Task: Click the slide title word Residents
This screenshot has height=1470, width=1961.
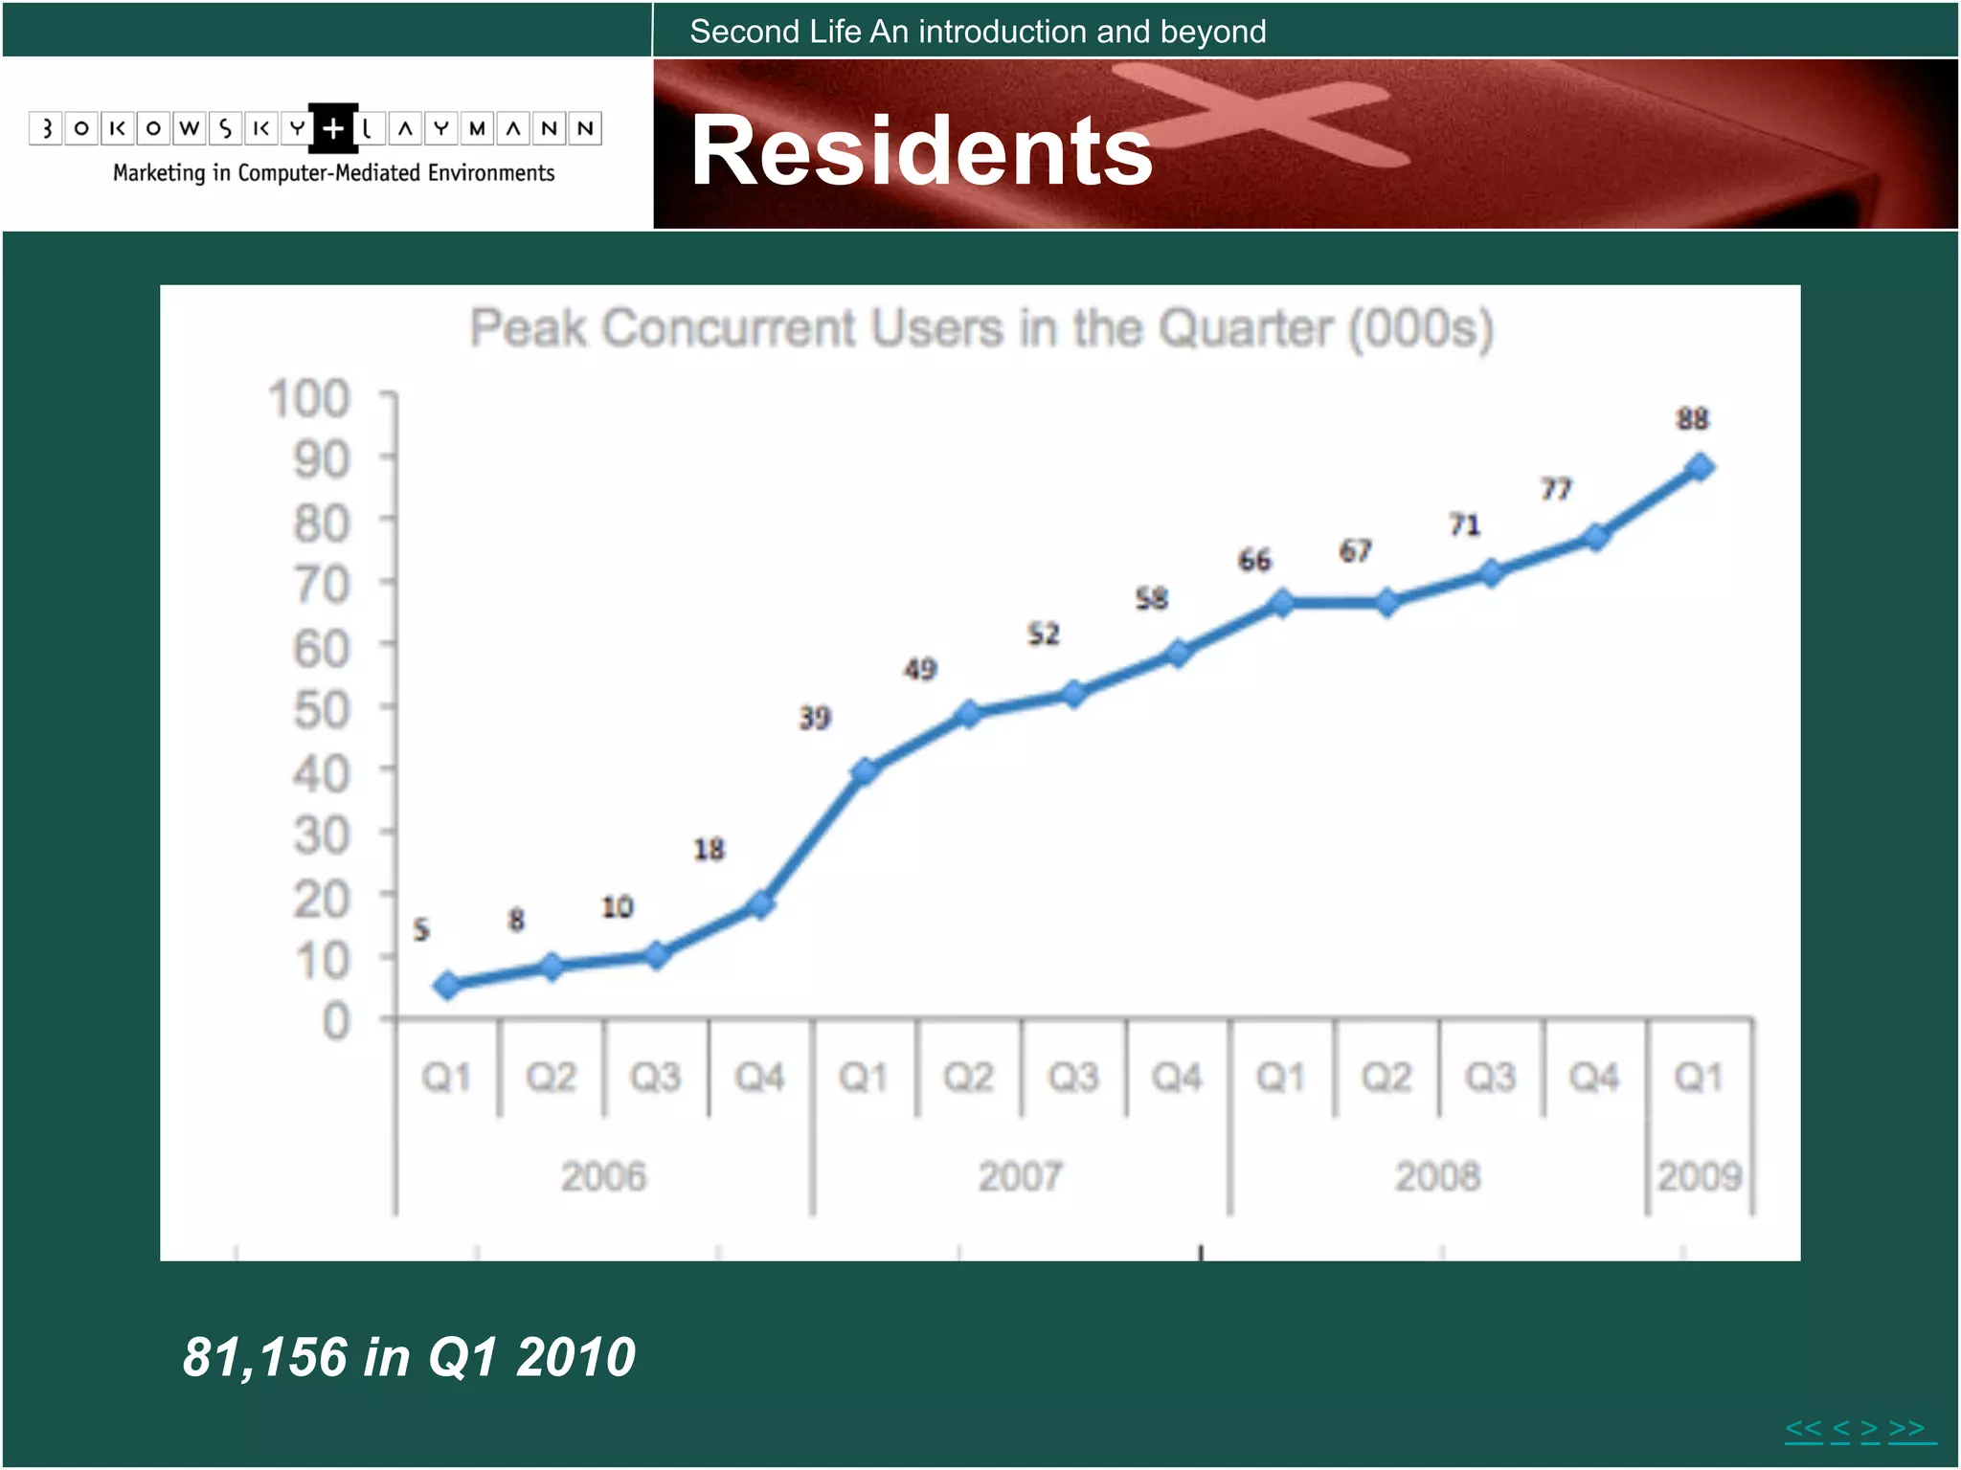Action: click(921, 151)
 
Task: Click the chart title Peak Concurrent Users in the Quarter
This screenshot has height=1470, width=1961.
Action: click(980, 329)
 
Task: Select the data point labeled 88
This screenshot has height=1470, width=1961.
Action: click(1700, 468)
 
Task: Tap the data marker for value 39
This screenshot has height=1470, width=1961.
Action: click(864, 771)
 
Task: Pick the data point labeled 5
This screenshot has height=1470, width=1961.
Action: click(447, 986)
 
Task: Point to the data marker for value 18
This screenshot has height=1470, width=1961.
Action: click(760, 904)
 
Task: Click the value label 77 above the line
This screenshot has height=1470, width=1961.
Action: click(1556, 490)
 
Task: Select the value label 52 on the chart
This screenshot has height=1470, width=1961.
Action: click(1044, 635)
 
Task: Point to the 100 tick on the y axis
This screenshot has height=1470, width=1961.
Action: click(309, 399)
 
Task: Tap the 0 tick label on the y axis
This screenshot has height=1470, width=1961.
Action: click(336, 1022)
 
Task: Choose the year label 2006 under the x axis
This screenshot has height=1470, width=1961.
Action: click(603, 1176)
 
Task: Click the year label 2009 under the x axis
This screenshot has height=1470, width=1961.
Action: click(1700, 1176)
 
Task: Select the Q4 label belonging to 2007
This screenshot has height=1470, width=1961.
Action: click(1177, 1078)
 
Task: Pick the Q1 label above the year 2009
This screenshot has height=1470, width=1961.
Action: click(1699, 1078)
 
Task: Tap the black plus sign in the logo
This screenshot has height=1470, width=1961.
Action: click(333, 128)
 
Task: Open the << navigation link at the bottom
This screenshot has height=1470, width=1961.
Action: click(1803, 1429)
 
